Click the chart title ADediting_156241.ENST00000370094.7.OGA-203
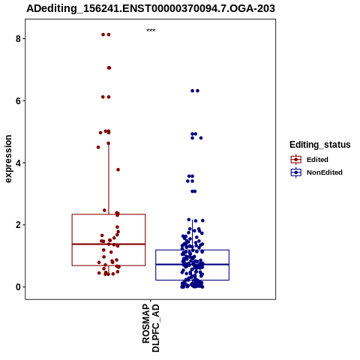pos(151,8)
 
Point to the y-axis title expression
pos(8,159)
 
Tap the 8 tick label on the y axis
pos(18,38)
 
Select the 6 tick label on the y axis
pos(18,100)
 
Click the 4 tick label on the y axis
pos(18,163)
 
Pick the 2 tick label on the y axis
pos(18,225)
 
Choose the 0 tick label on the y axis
pos(18,287)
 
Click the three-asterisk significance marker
pos(151,31)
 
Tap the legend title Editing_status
pos(320,145)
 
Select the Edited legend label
pos(317,160)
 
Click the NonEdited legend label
pos(325,172)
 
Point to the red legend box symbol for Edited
pos(296,159)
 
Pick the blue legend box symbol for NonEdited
pos(296,172)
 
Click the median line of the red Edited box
pos(109,244)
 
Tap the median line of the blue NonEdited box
pos(192,264)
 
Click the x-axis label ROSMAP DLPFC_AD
pos(151,328)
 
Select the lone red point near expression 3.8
pos(118,169)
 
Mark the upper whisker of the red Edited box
pos(109,178)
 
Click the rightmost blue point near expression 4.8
pos(201,138)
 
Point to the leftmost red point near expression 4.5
pos(98,147)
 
